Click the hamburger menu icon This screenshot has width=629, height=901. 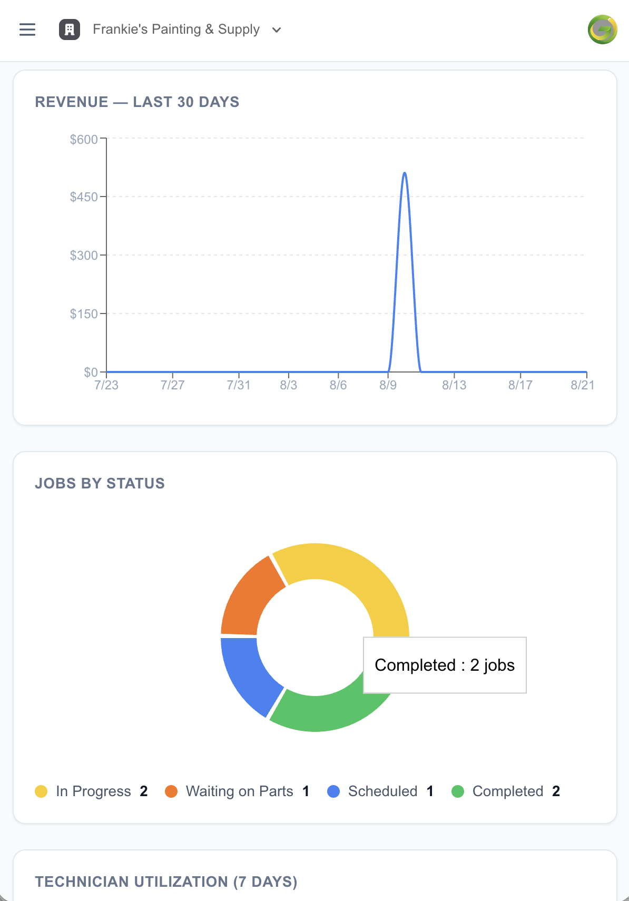point(27,30)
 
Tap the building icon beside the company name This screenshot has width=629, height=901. point(70,30)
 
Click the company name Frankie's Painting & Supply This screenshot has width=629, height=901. point(176,30)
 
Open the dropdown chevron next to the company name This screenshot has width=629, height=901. point(276,30)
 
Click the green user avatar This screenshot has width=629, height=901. point(602,30)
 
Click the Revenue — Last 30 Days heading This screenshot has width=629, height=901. point(137,102)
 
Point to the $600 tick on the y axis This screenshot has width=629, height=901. point(103,138)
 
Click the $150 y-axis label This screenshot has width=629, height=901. point(84,314)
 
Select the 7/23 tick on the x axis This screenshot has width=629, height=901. point(106,375)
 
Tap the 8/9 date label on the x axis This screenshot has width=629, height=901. point(388,385)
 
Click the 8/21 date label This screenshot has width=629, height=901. point(582,385)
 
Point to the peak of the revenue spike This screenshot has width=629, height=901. point(405,173)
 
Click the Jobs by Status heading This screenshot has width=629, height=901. point(100,483)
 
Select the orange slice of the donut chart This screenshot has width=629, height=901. point(249,599)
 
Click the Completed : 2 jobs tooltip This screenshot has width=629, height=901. point(445,665)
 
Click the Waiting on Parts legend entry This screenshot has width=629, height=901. point(237,791)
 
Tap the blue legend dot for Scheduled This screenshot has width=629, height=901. point(333,791)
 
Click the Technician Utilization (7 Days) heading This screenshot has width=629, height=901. point(166,882)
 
